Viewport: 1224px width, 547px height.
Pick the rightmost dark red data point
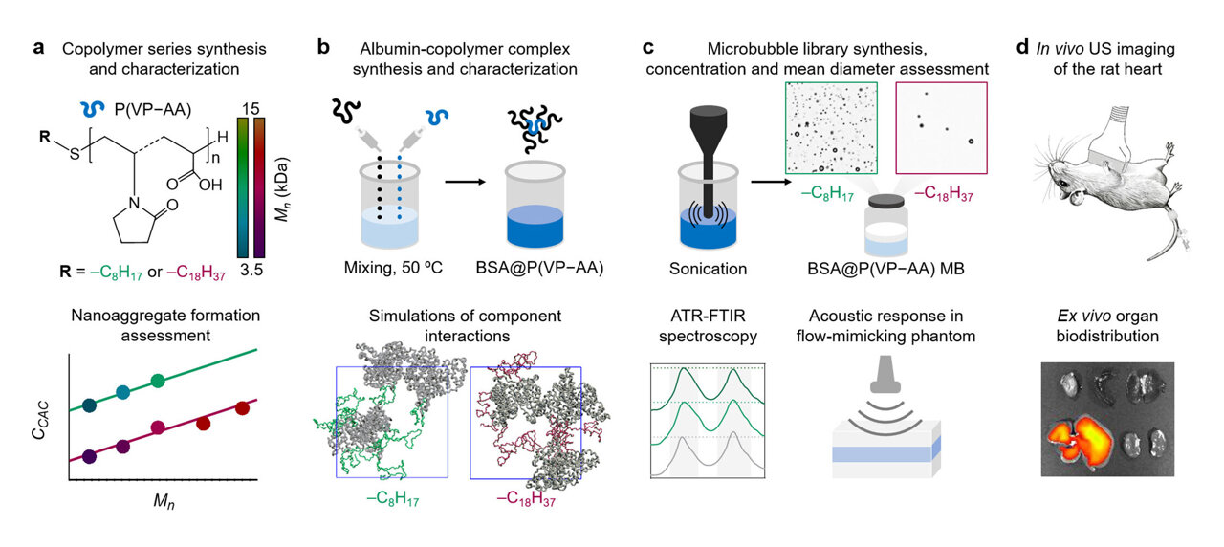click(x=242, y=408)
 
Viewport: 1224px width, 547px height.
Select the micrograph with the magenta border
click(x=939, y=126)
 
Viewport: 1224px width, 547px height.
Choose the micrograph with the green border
click(x=832, y=126)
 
